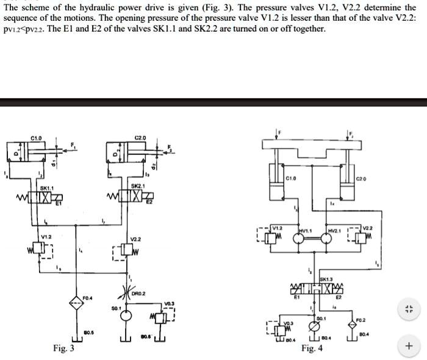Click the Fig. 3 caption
(63, 348)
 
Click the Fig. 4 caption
(312, 348)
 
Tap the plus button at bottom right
(409, 347)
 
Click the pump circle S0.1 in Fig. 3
(126, 315)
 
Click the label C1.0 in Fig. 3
(36, 139)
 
